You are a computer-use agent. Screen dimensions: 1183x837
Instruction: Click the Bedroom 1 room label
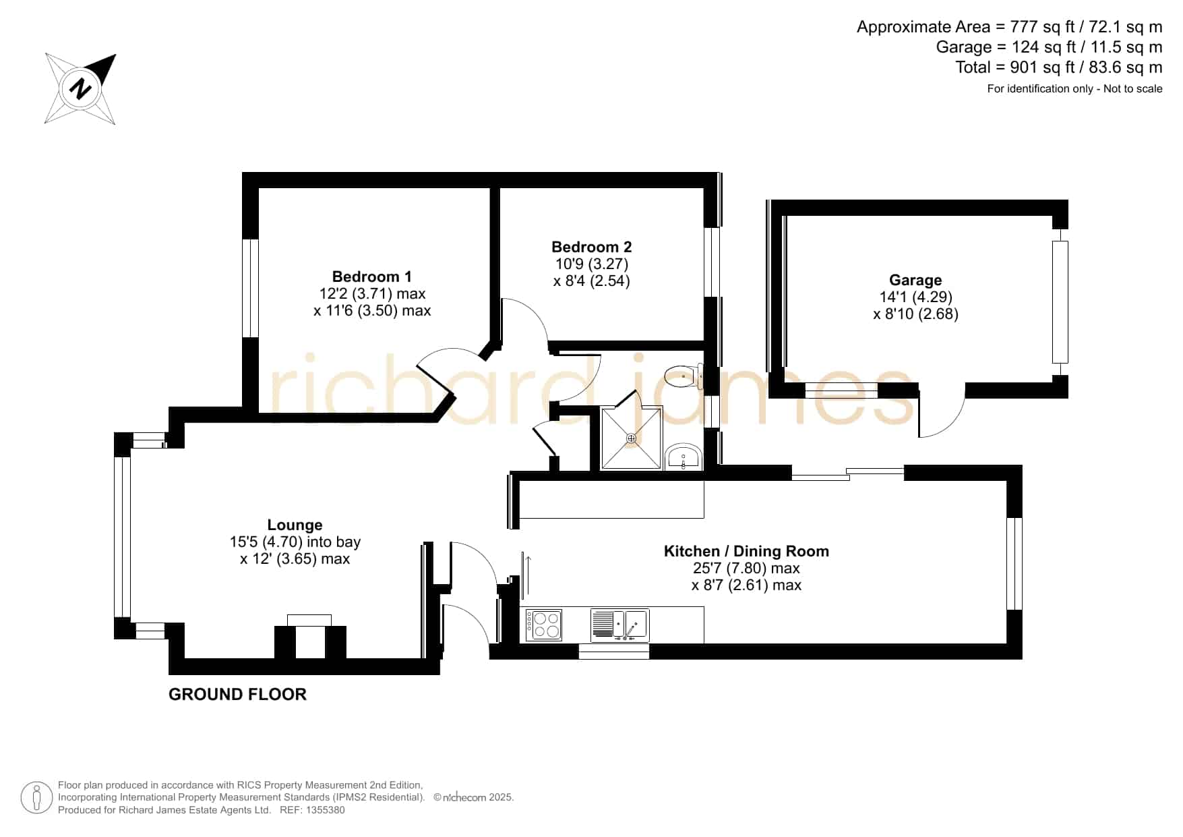pos(371,277)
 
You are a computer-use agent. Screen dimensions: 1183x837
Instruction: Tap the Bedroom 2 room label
pos(591,247)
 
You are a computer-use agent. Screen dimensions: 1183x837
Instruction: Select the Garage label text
pos(915,280)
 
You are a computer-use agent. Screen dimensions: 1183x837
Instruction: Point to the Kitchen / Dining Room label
pos(746,551)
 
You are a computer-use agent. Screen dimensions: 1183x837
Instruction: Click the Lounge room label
pos(295,525)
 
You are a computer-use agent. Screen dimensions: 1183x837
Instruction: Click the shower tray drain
pos(631,438)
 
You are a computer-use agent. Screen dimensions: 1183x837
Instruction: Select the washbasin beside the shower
pos(684,457)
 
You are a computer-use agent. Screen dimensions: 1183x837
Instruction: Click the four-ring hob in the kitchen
pos(545,625)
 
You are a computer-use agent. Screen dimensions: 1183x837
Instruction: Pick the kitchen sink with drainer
pos(619,625)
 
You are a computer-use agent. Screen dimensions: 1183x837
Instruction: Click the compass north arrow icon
pos(81,89)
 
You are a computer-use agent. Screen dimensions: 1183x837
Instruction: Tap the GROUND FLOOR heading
pos(237,694)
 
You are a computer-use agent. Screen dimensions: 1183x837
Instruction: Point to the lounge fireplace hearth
pos(309,620)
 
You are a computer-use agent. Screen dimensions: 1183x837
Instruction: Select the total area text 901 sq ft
pos(1058,67)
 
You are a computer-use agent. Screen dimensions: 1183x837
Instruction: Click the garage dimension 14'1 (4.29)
pos(915,297)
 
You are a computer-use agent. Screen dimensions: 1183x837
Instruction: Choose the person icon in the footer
pos(36,798)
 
